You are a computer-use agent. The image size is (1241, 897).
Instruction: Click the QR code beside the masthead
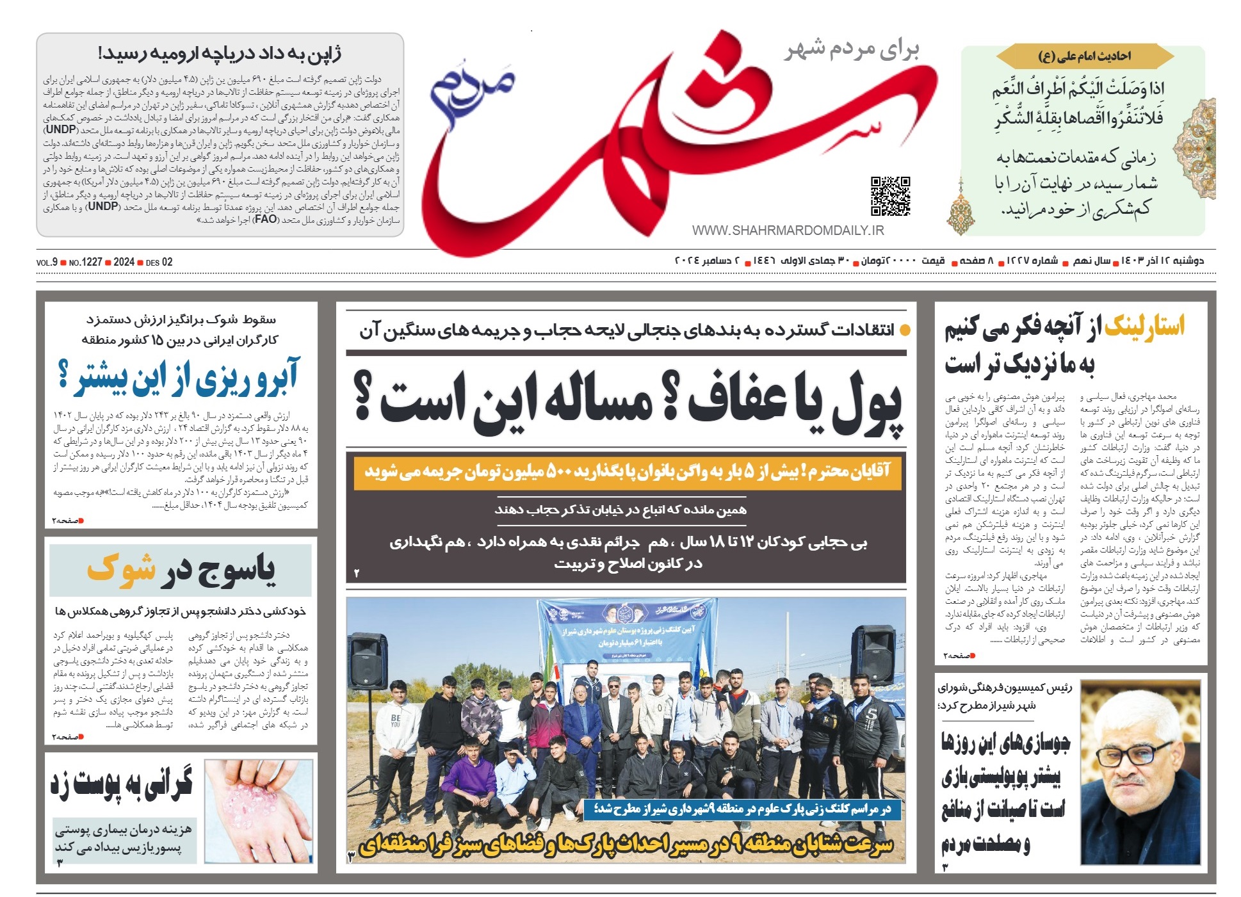click(890, 196)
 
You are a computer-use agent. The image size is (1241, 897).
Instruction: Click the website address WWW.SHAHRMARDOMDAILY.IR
click(788, 230)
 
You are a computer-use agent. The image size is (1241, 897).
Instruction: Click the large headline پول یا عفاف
click(628, 403)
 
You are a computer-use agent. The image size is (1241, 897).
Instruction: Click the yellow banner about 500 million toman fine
click(626, 473)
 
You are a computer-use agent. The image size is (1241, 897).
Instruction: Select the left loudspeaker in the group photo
click(367, 659)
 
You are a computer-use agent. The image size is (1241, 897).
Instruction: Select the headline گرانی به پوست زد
click(122, 785)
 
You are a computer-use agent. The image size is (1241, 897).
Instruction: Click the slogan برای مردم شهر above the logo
click(852, 50)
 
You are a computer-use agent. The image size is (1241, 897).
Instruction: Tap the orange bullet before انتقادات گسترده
click(905, 331)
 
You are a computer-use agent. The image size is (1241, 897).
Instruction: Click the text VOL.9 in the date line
click(47, 263)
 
